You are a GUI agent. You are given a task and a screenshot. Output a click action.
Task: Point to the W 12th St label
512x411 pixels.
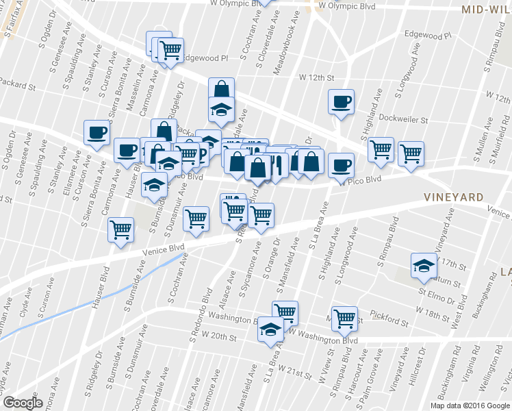pyautogui.click(x=316, y=78)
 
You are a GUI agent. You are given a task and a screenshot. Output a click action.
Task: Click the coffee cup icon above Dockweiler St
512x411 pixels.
pyautogui.click(x=341, y=102)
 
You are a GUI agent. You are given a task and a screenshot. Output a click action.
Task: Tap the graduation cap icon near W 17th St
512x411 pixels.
pyautogui.click(x=424, y=266)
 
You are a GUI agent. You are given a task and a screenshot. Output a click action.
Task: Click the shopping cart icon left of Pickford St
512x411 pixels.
pyautogui.click(x=344, y=318)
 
